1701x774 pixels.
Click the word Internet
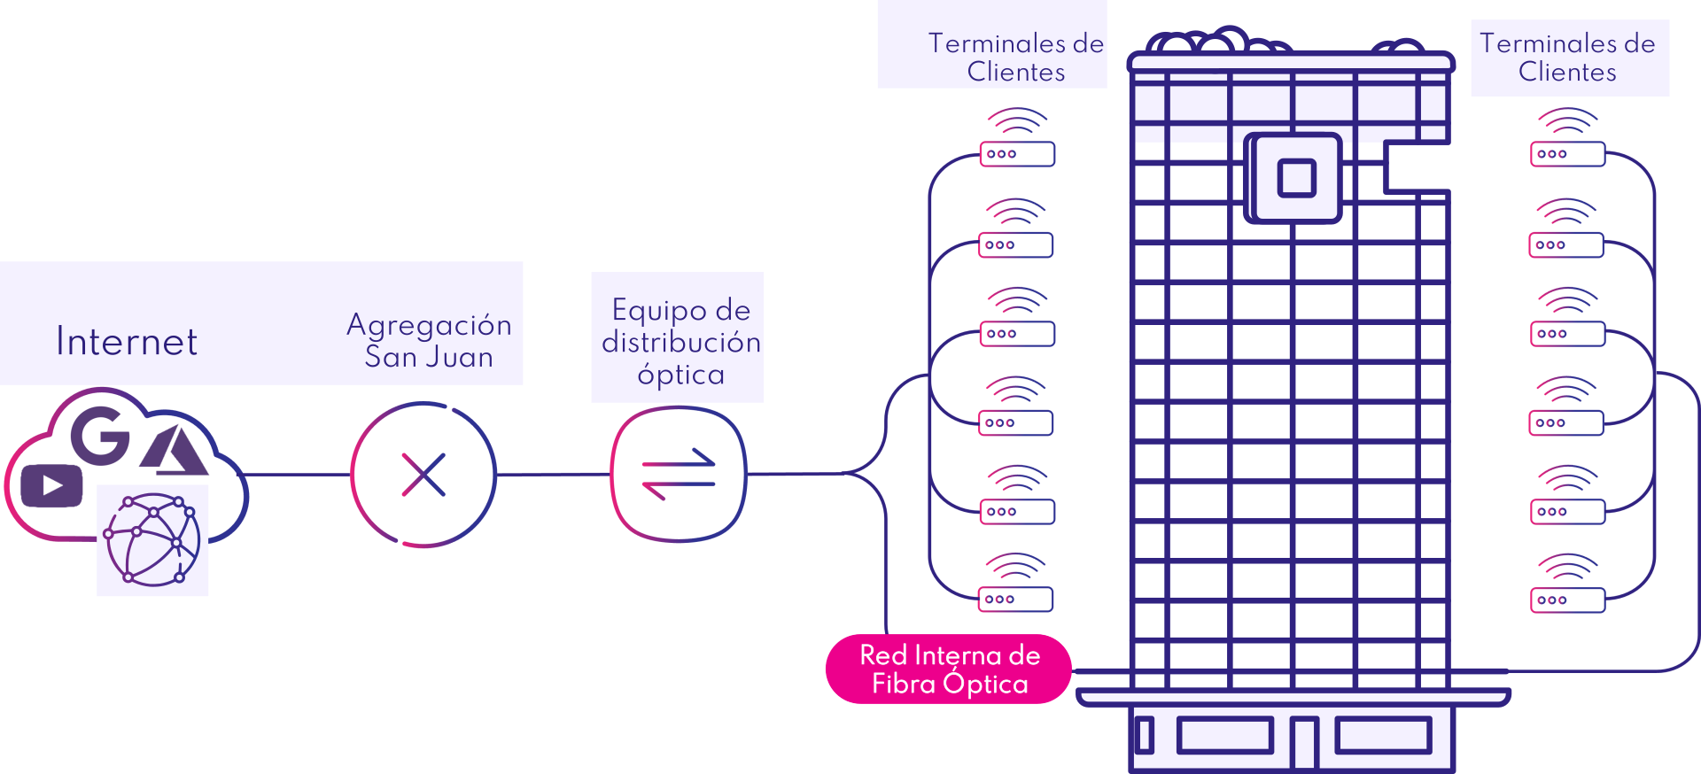[127, 342]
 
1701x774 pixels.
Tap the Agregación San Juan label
[429, 341]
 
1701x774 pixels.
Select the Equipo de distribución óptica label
[680, 342]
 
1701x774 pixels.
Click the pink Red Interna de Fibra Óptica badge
[949, 670]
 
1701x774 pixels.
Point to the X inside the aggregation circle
[423, 475]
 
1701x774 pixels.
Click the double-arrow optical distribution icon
[679, 475]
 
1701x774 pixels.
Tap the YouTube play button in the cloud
[52, 485]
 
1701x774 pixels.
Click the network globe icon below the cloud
[152, 540]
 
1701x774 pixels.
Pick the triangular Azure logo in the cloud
[175, 452]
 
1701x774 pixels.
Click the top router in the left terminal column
[1017, 154]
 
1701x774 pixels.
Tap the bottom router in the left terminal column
[1015, 600]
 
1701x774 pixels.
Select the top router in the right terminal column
[1567, 154]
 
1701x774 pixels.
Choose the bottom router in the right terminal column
[1567, 600]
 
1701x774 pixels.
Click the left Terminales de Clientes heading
[1015, 58]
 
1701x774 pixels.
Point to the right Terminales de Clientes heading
[1567, 58]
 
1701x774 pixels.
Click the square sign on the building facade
[1295, 178]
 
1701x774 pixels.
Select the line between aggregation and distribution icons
[553, 475]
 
